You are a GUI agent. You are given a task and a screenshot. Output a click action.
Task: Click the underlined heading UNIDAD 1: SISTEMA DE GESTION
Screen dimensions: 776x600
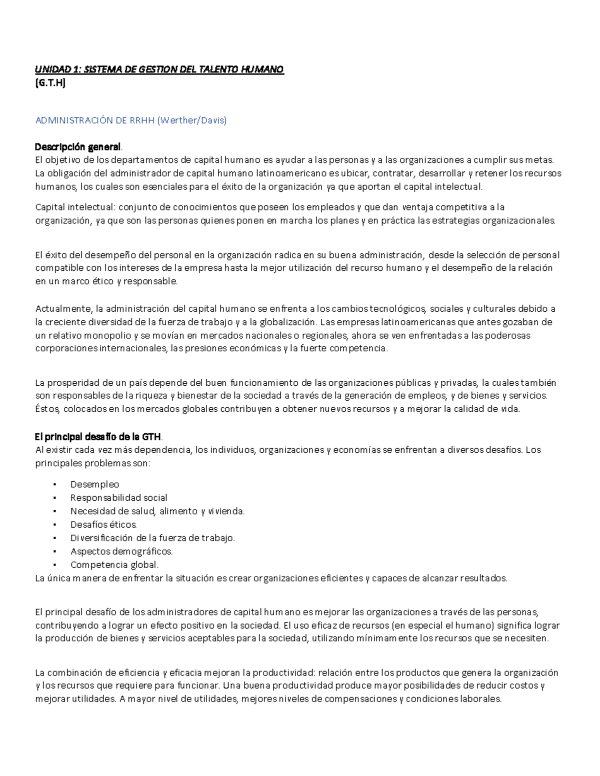click(159, 69)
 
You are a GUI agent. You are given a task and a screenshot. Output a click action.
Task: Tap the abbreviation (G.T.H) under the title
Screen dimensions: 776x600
click(50, 83)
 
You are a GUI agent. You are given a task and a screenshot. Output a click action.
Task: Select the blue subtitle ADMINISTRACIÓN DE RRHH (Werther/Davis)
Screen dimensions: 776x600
click(131, 120)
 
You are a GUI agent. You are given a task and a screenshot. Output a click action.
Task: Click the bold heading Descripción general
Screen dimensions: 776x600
click(77, 147)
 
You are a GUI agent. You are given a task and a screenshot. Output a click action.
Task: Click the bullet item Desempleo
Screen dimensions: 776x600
click(94, 484)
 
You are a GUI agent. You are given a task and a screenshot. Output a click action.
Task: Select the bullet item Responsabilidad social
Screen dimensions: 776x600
click(118, 498)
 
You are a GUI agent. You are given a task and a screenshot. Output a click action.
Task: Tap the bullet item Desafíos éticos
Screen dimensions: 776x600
click(103, 525)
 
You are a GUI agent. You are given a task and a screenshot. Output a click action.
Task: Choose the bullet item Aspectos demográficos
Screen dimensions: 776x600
click(121, 552)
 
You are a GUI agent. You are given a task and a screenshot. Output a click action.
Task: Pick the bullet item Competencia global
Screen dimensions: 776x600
click(114, 565)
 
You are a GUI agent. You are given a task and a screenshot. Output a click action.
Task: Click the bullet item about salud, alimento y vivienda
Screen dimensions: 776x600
click(157, 511)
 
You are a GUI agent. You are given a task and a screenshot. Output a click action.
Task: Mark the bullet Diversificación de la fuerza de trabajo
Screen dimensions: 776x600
click(152, 538)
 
